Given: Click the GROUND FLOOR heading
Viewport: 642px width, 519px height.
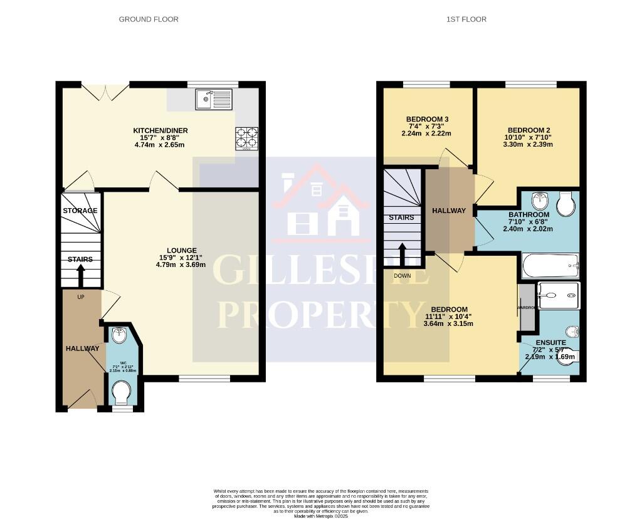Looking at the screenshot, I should coord(149,19).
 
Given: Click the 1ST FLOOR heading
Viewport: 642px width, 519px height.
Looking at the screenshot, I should coord(466,19).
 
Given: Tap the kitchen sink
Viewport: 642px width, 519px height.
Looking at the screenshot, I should coord(213,99).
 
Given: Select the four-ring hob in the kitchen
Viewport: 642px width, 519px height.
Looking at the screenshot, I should coord(246,138).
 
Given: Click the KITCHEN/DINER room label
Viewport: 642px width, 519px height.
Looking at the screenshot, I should coord(160,130).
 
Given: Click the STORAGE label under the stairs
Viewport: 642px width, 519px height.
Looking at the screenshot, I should coord(80,211).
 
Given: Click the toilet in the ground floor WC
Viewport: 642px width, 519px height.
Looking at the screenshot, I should coord(121,395).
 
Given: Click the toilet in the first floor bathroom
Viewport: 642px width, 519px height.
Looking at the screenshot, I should coord(566,204).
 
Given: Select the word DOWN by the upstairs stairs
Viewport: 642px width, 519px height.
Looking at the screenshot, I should coord(402,276).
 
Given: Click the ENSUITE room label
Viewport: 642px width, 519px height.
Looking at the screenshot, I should coord(550,343).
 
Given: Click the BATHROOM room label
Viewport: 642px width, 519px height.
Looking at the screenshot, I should coord(529,215).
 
